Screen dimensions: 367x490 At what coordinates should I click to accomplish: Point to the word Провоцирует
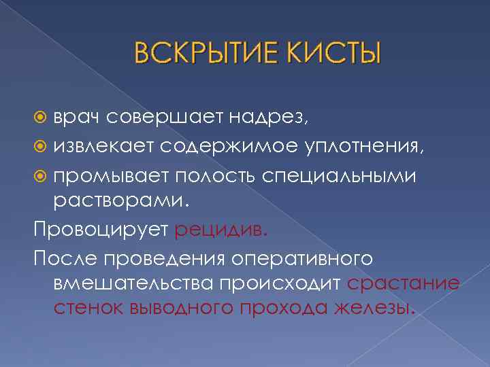pyautogui.click(x=101, y=230)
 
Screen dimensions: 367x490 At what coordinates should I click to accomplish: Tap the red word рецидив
pyautogui.click(x=222, y=230)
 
